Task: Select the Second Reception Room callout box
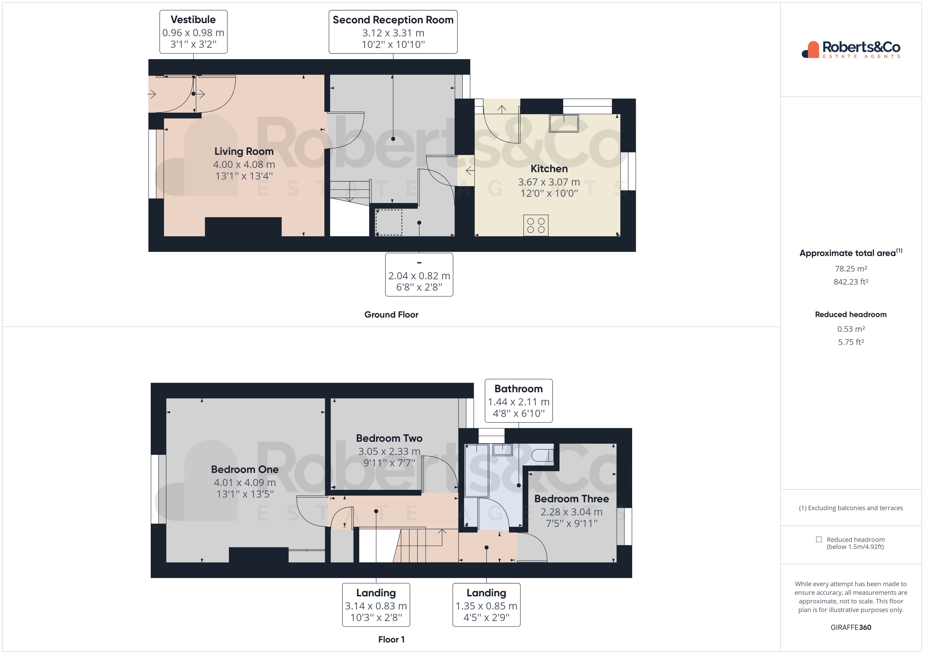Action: pyautogui.click(x=393, y=32)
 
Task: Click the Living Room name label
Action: pyautogui.click(x=244, y=151)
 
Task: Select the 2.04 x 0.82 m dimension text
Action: pyautogui.click(x=419, y=276)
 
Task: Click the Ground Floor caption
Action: pyautogui.click(x=391, y=314)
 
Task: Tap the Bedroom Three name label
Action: pyautogui.click(x=571, y=499)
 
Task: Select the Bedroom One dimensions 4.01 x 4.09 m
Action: pyautogui.click(x=245, y=482)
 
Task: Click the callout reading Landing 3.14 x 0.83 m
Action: pyautogui.click(x=376, y=605)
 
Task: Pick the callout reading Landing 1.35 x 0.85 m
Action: pyautogui.click(x=486, y=605)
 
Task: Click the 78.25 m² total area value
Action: pyautogui.click(x=851, y=269)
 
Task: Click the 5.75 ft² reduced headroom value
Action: pyautogui.click(x=851, y=342)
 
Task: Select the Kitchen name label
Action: pyautogui.click(x=549, y=169)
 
